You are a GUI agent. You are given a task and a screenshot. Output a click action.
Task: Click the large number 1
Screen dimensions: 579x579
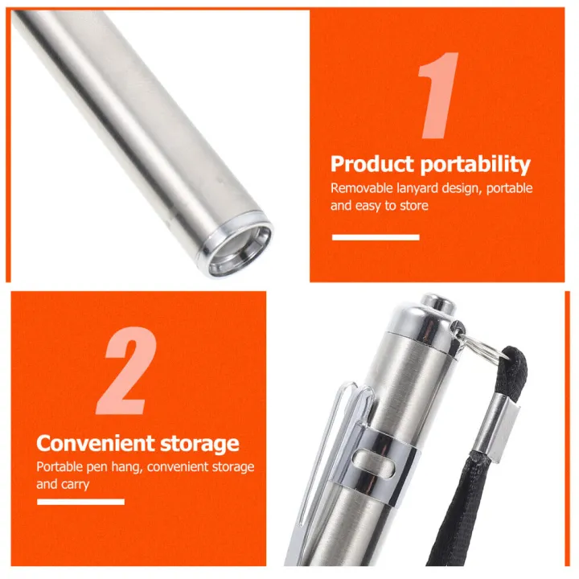pos(439,95)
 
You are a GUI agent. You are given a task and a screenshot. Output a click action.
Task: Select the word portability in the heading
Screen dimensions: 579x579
pos(475,166)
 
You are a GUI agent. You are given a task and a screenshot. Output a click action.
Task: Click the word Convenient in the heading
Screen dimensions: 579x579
pos(96,443)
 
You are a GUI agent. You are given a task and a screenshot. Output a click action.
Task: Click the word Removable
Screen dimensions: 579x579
pos(362,188)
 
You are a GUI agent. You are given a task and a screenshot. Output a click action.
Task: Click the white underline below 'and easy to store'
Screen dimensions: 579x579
pos(376,237)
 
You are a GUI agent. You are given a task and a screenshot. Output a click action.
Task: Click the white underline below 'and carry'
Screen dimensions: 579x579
pos(80,502)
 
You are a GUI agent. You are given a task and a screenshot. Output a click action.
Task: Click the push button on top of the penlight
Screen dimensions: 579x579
pos(438,302)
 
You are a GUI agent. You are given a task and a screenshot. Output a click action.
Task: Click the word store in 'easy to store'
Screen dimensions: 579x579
pos(414,206)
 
